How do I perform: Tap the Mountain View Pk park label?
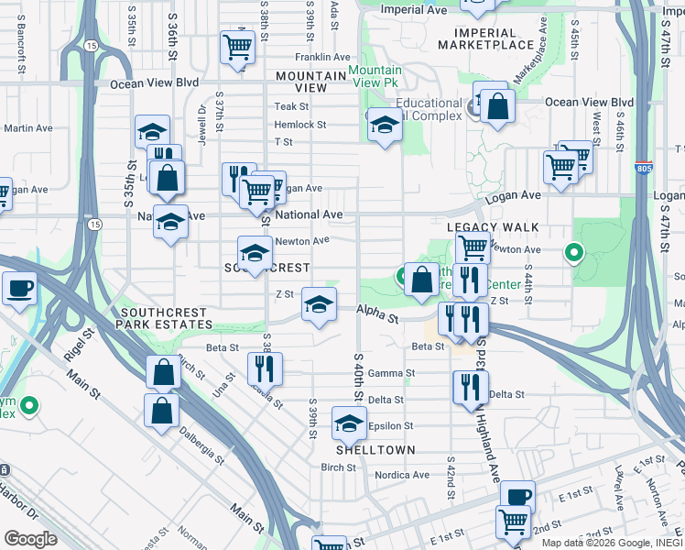(x=375, y=77)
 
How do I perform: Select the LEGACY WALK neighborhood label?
(x=493, y=226)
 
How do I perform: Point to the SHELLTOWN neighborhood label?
(x=375, y=450)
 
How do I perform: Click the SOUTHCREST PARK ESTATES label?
(x=166, y=318)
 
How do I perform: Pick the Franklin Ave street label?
(x=299, y=57)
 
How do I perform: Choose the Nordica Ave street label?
(x=403, y=475)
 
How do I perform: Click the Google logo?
(x=29, y=538)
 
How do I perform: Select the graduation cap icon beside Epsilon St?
(x=348, y=423)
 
